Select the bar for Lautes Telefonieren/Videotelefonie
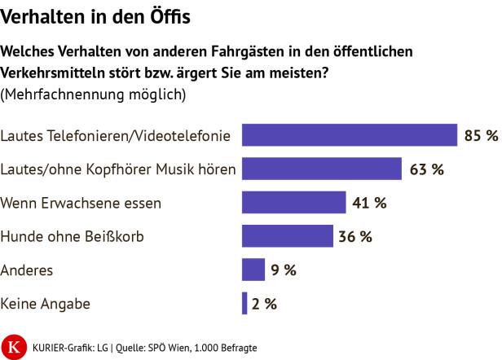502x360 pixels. pyautogui.click(x=350, y=135)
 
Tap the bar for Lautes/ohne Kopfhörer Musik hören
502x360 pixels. pyautogui.click(x=322, y=169)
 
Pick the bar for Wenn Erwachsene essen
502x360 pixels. pyautogui.click(x=294, y=203)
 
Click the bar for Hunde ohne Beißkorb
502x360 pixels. pyautogui.click(x=288, y=236)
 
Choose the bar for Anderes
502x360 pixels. pyautogui.click(x=253, y=270)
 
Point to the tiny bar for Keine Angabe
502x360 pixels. pyautogui.click(x=244, y=303)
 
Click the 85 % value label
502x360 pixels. pyautogui.click(x=480, y=135)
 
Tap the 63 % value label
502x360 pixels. pyautogui.click(x=426, y=169)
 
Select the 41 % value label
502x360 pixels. pyautogui.click(x=369, y=203)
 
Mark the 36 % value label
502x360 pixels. pyautogui.click(x=355, y=236)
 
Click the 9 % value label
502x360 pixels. pyautogui.click(x=284, y=270)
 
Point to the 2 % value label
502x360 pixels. pyautogui.click(x=264, y=304)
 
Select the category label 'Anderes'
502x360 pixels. pyautogui.click(x=29, y=270)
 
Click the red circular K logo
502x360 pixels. pyautogui.click(x=13, y=345)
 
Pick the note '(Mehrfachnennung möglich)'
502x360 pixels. pyautogui.click(x=94, y=94)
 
